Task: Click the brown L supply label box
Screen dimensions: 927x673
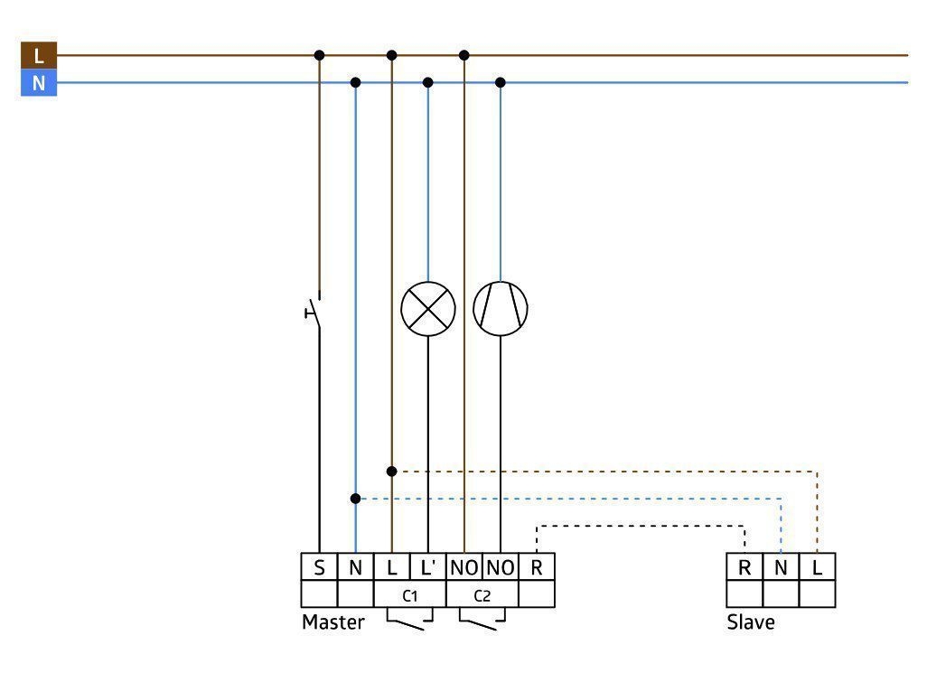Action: tap(39, 55)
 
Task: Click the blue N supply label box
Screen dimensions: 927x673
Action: tap(39, 83)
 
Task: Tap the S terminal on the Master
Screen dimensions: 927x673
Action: tap(319, 567)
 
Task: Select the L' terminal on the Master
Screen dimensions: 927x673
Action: tap(427, 567)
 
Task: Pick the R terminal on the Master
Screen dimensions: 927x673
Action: tap(536, 567)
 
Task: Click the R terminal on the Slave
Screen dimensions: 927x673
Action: tap(744, 567)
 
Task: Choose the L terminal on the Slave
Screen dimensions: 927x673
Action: tap(817, 567)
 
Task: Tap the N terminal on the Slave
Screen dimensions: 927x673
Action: tap(781, 567)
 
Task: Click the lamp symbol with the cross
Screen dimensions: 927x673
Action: tap(428, 309)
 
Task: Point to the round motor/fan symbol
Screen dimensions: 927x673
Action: tap(501, 309)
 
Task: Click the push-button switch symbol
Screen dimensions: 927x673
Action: tap(314, 310)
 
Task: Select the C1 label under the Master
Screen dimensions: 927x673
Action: tap(409, 595)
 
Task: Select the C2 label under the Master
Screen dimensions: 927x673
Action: tap(482, 595)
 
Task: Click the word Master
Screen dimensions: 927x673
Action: tap(332, 622)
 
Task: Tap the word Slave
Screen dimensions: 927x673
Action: tap(751, 622)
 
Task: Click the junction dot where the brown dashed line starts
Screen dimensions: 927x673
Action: tap(391, 472)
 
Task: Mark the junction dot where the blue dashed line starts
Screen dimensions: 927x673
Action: tap(355, 499)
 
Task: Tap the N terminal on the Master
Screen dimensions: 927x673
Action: tap(355, 567)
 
